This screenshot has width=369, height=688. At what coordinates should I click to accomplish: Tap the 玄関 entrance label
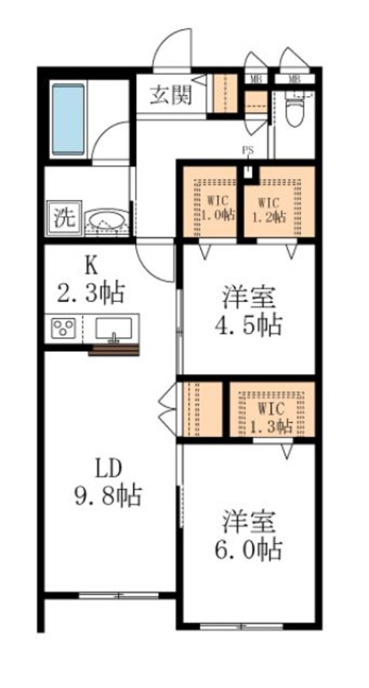pyautogui.click(x=170, y=95)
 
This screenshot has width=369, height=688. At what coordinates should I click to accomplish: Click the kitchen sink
pyautogui.click(x=114, y=328)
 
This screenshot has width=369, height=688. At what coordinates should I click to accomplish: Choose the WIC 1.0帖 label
pyautogui.click(x=212, y=208)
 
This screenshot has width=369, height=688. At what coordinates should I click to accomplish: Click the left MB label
pyautogui.click(x=255, y=79)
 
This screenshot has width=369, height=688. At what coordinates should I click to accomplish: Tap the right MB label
pyautogui.click(x=295, y=79)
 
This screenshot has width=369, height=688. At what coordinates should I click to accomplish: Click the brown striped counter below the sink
pyautogui.click(x=114, y=350)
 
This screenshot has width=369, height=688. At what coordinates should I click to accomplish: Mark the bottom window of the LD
pyautogui.click(x=119, y=595)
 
